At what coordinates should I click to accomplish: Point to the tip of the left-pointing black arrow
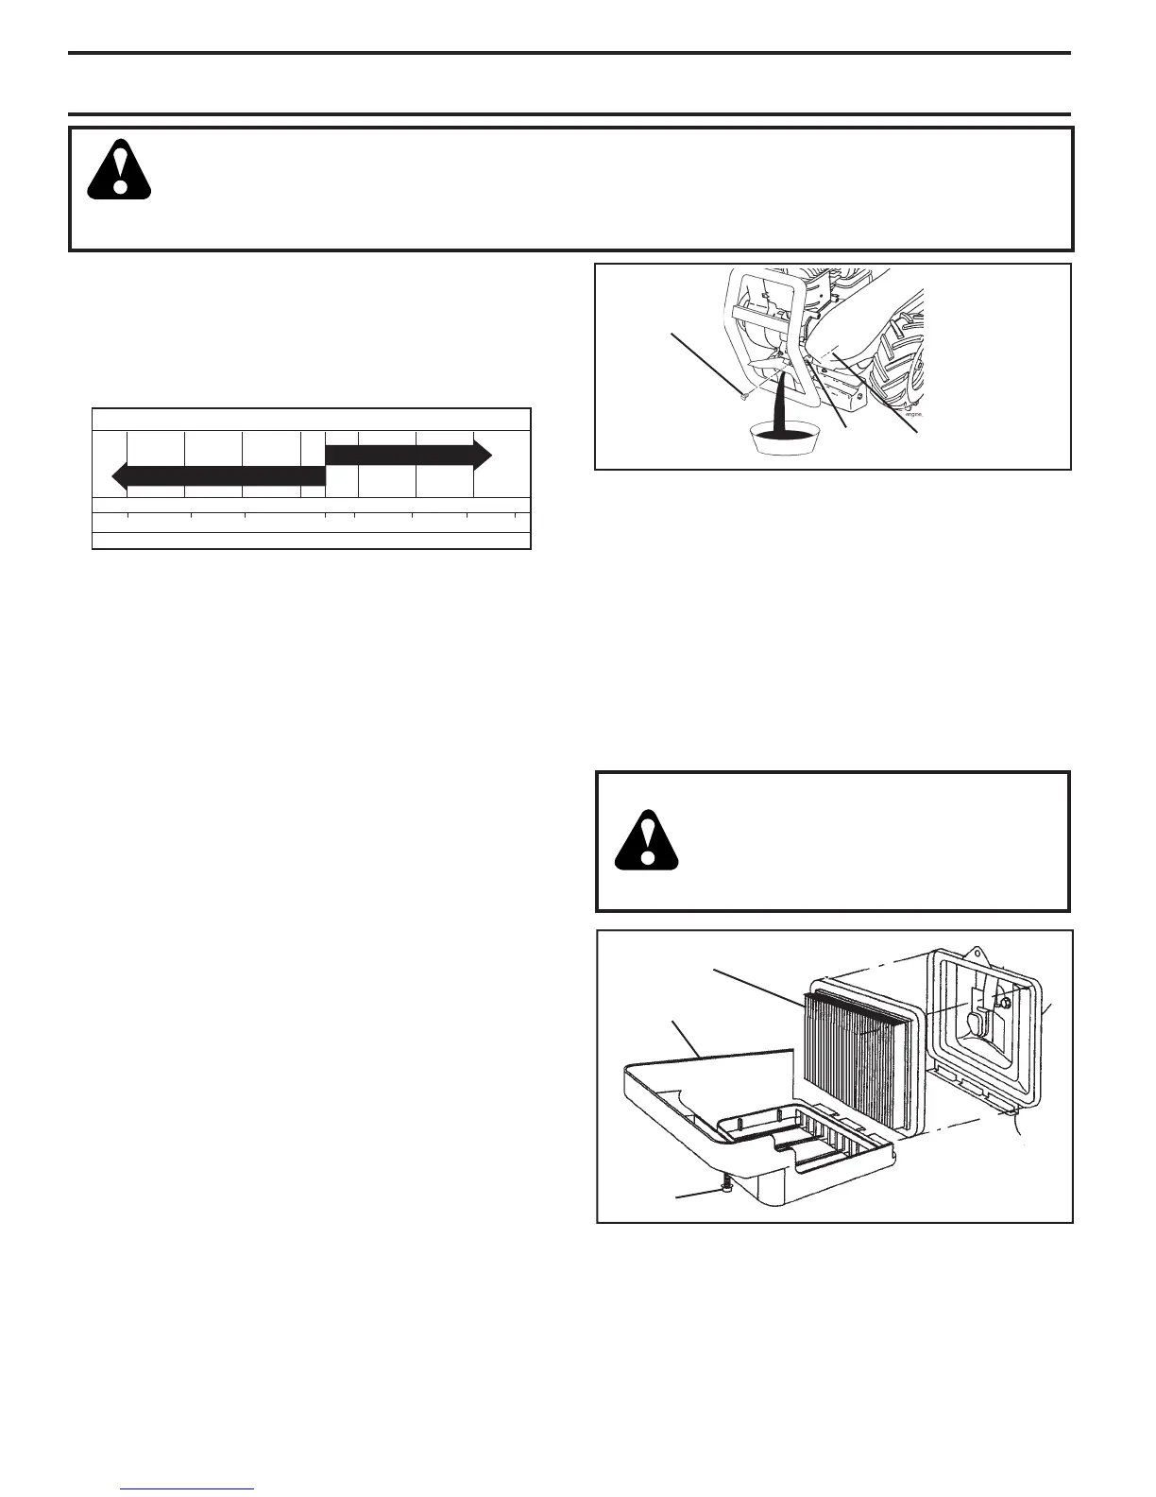[x=114, y=475]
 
